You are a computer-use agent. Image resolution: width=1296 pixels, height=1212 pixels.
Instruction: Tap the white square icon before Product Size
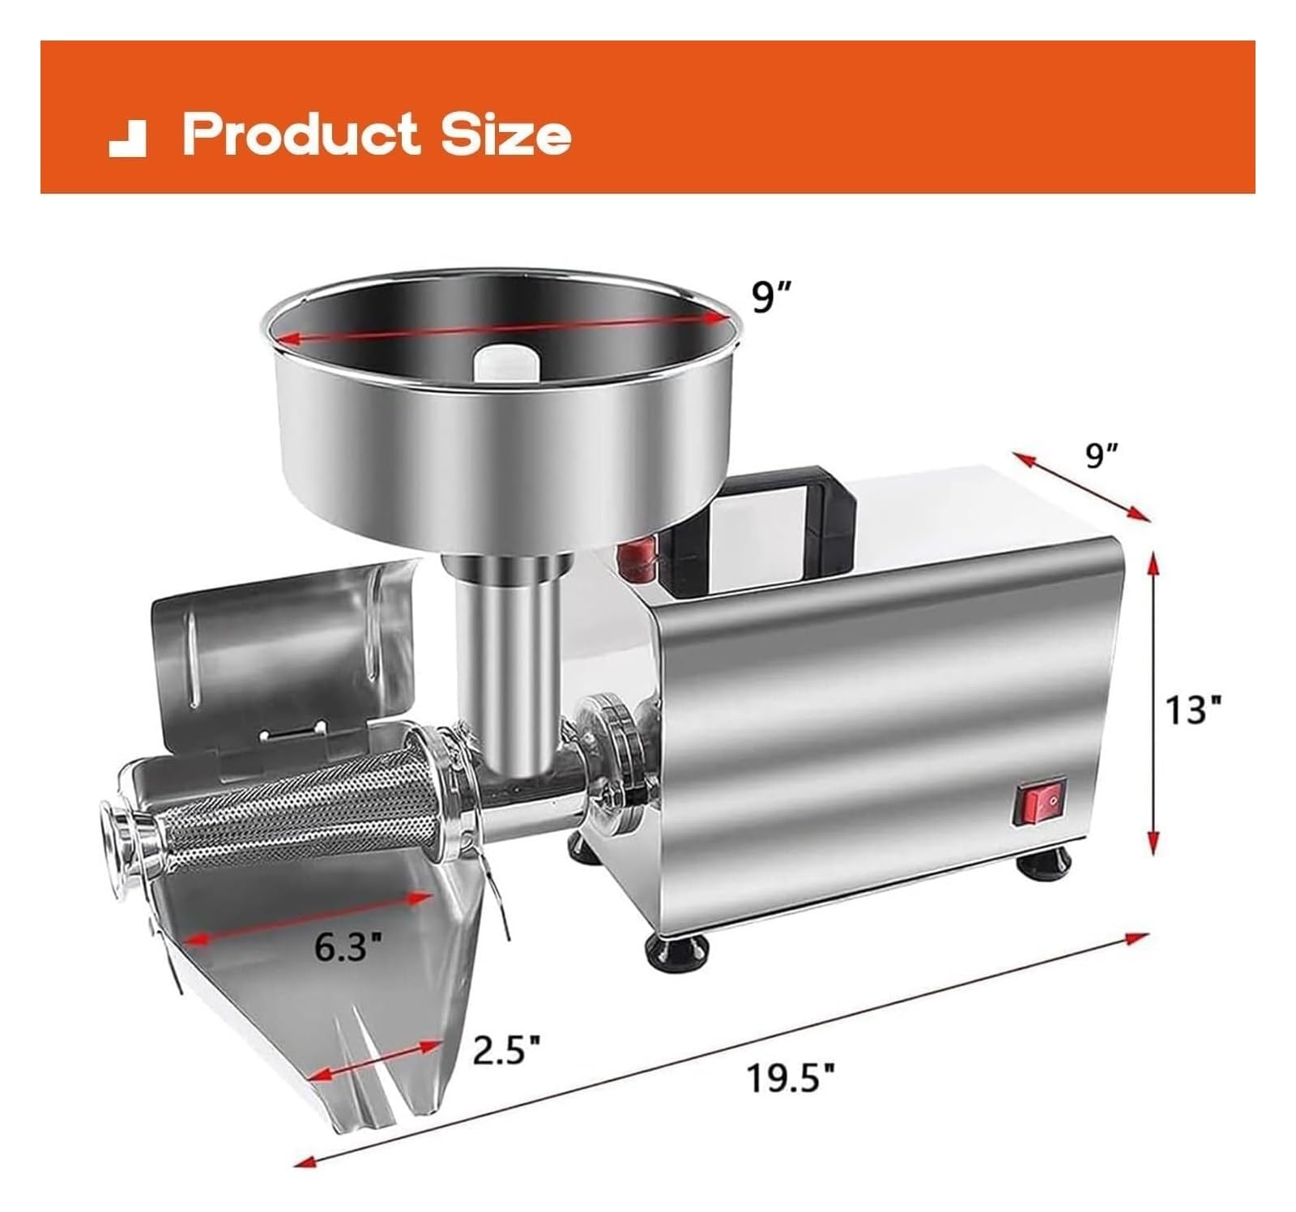coord(127,139)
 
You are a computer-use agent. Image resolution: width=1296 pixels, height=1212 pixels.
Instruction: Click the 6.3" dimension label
coord(347,945)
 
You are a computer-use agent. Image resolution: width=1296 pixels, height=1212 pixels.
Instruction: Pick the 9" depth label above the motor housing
coord(1102,456)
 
